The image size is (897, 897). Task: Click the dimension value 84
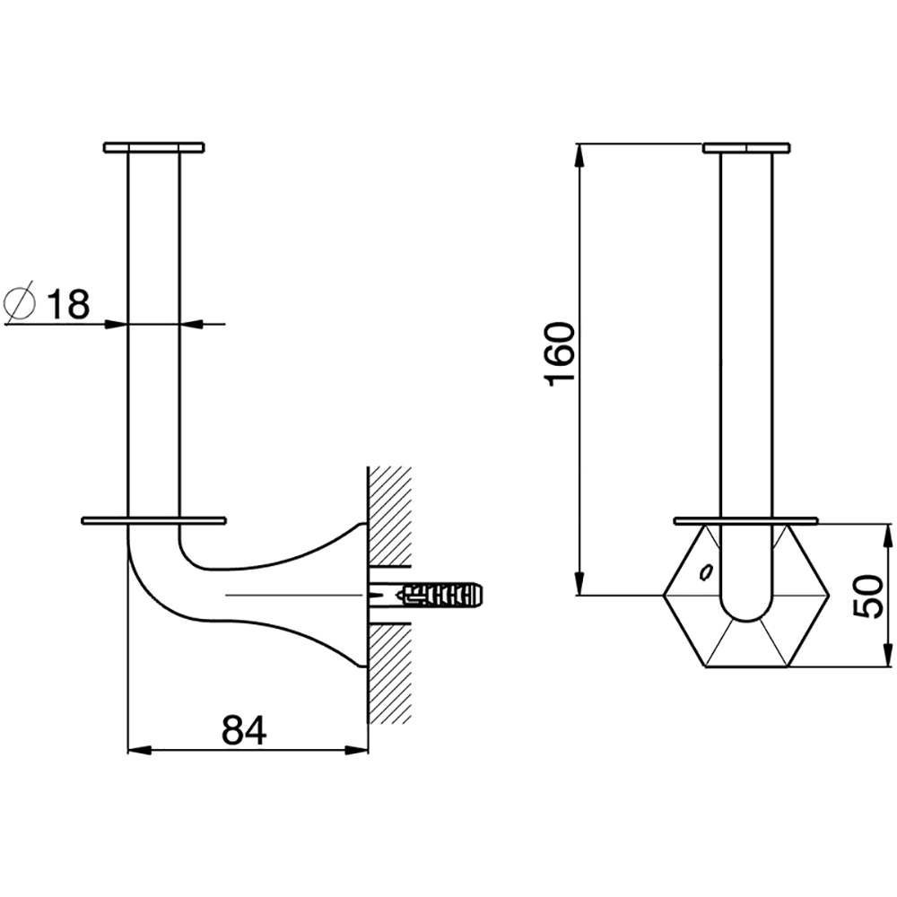tap(244, 730)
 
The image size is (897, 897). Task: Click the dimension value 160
tap(562, 354)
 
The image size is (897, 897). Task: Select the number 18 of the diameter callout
tap(68, 304)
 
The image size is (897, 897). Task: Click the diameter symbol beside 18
tap(20, 303)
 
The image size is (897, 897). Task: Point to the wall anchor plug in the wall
tap(441, 596)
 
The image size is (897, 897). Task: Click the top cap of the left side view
tap(154, 148)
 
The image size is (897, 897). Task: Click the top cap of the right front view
tap(746, 148)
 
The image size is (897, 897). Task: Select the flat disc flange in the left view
tap(154, 520)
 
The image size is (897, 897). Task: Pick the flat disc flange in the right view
tap(746, 520)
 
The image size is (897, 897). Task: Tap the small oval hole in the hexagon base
tap(707, 571)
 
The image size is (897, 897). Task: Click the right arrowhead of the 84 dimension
tap(356, 750)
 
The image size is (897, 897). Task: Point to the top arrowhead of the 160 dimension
tap(580, 154)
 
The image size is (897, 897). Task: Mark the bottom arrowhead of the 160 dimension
tap(580, 584)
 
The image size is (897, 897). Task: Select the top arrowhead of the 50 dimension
tap(887, 536)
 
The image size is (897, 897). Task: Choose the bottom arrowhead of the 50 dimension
tap(887, 655)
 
